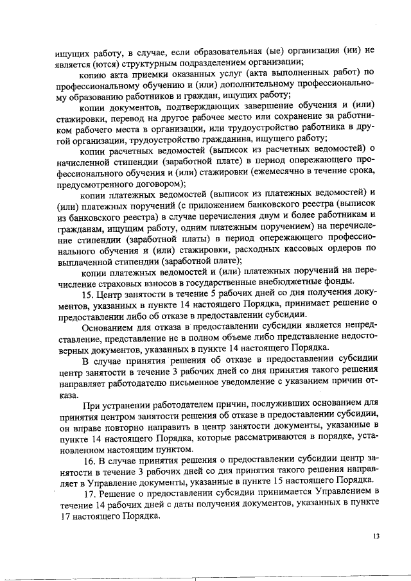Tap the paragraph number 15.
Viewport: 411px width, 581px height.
click(x=91, y=294)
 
